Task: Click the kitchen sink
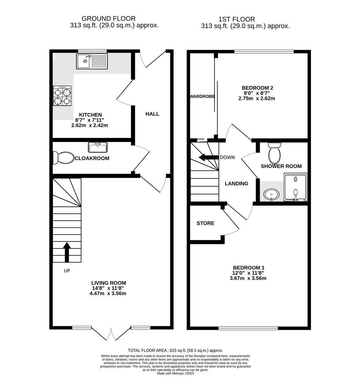pos(92,61)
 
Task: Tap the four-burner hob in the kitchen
pos(62,96)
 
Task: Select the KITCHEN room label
pos(90,115)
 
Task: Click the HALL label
pos(152,114)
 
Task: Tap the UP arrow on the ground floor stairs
pos(67,252)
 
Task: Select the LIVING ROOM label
pos(108,283)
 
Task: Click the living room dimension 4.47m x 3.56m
pos(108,293)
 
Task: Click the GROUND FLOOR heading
pos(108,19)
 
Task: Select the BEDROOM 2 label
pos(257,88)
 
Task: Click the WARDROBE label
pos(202,96)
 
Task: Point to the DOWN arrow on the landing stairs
pos(207,157)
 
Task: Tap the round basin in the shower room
pos(271,194)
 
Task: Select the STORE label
pos(205,223)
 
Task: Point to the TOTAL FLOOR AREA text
pos(175,350)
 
